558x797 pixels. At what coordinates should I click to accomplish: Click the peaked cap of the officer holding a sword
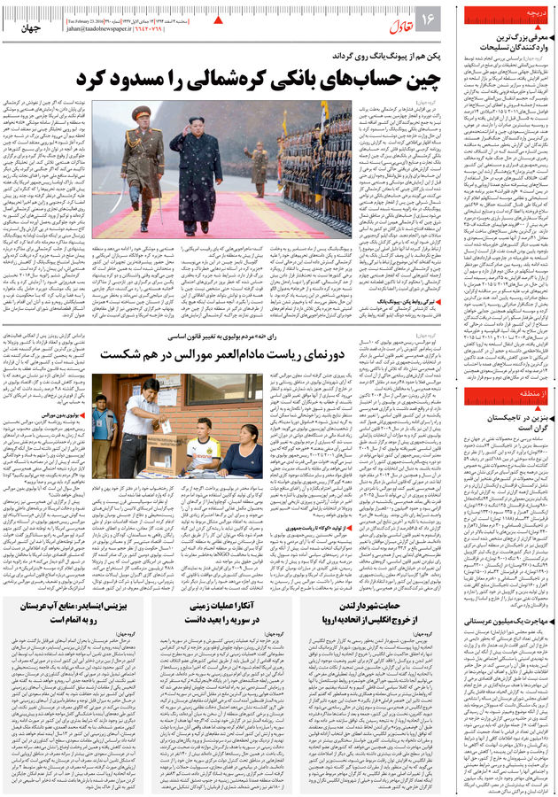(x=141, y=112)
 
